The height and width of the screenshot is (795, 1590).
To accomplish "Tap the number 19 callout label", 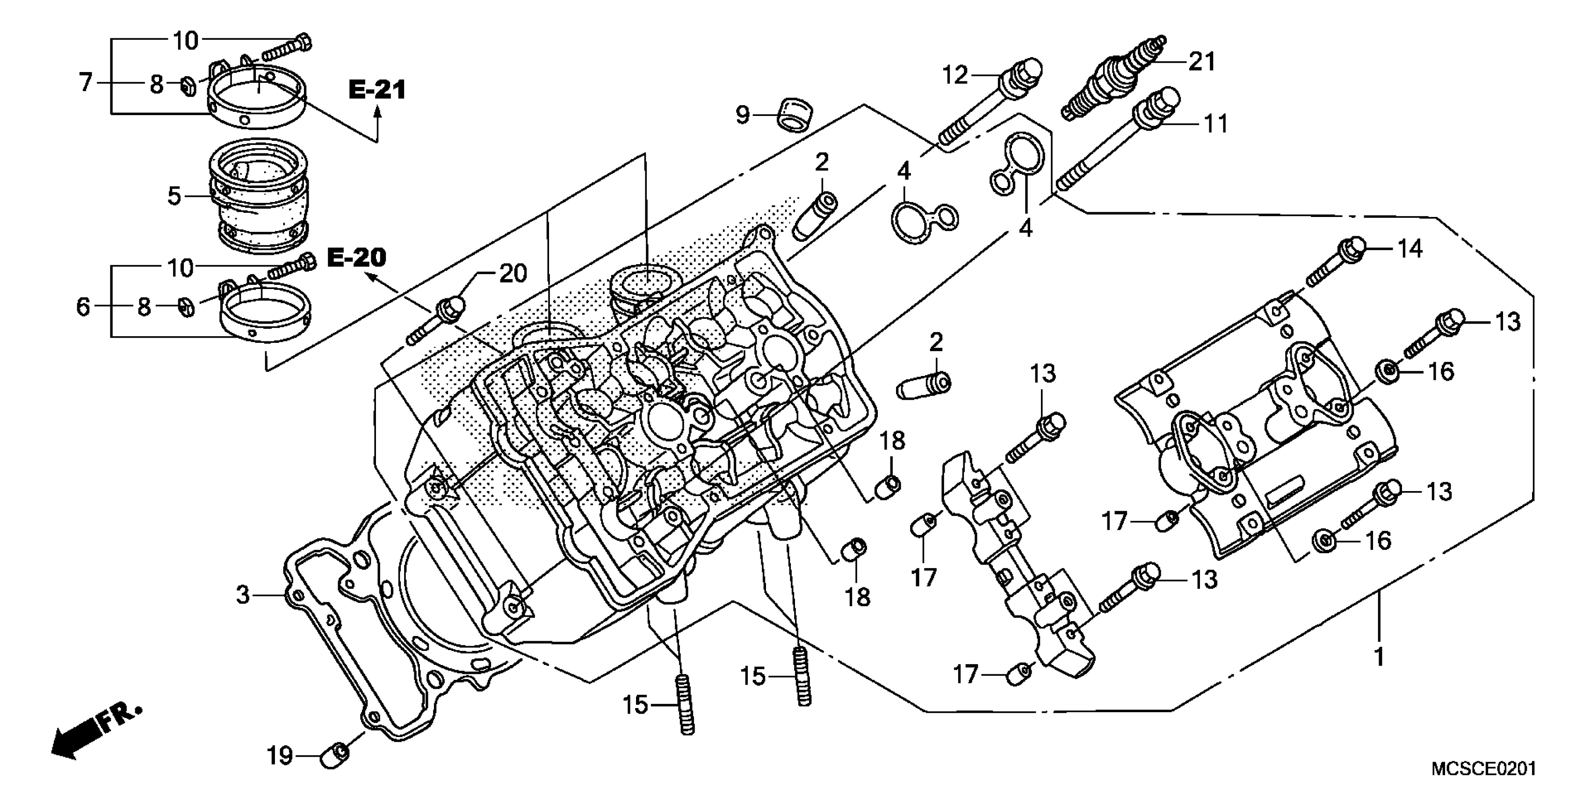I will (x=280, y=756).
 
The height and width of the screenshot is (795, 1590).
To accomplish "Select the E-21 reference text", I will (x=377, y=90).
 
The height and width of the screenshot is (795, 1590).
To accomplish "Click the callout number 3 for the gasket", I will (x=243, y=595).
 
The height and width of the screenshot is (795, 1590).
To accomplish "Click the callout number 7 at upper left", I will (x=86, y=82).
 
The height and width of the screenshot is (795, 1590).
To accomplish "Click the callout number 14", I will (x=1409, y=249).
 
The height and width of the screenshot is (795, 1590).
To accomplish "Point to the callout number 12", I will (x=954, y=75).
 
